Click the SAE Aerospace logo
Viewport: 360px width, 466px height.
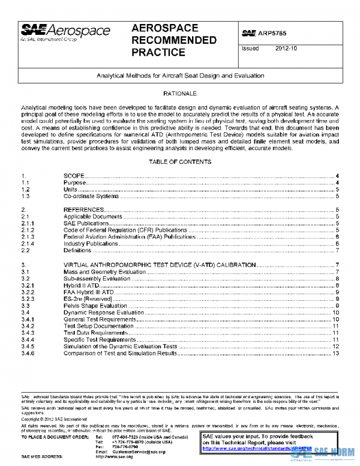coord(66,32)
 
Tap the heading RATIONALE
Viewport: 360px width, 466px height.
coord(180,95)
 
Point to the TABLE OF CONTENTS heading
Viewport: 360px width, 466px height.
coord(180,162)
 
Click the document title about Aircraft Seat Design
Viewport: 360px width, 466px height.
coord(180,76)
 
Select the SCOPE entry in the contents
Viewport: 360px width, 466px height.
coord(74,175)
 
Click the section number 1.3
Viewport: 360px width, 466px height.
coord(26,196)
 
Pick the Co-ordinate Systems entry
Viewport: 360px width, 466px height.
coord(91,196)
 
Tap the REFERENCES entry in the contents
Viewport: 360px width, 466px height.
coord(84,210)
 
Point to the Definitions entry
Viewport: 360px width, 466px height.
coord(77,250)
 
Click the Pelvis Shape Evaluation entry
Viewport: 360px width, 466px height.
coord(95,306)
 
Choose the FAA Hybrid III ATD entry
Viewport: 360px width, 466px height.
coord(88,292)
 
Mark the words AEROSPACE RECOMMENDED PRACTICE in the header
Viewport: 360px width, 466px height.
coord(174,40)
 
